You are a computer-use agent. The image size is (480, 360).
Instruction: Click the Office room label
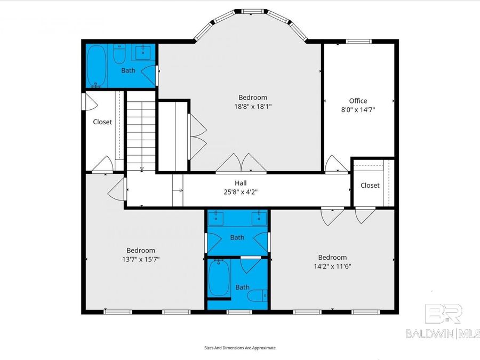(x=358, y=101)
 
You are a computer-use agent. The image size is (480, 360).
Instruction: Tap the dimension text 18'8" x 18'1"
(x=252, y=106)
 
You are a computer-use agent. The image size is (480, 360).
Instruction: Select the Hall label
(x=241, y=183)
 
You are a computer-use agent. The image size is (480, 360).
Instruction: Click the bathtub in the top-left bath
(x=97, y=66)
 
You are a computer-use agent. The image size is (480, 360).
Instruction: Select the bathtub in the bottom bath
(x=219, y=277)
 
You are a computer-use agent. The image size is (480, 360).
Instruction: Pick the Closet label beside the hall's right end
(x=370, y=185)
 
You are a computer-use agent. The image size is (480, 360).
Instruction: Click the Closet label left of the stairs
(x=102, y=122)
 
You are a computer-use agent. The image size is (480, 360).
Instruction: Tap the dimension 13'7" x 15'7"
(x=141, y=259)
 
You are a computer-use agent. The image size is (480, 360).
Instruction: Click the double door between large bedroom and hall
(x=242, y=163)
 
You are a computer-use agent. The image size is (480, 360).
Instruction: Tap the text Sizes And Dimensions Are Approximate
(x=240, y=347)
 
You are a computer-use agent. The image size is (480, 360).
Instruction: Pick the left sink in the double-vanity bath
(x=218, y=217)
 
